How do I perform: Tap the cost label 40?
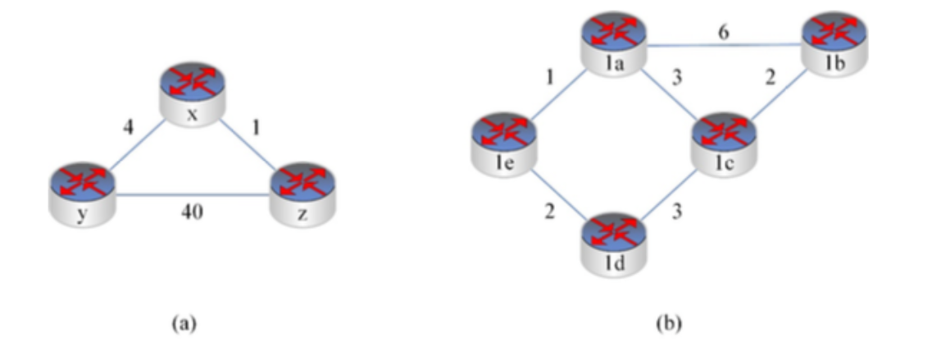pyautogui.click(x=192, y=212)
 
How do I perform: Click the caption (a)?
pyautogui.click(x=184, y=323)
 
